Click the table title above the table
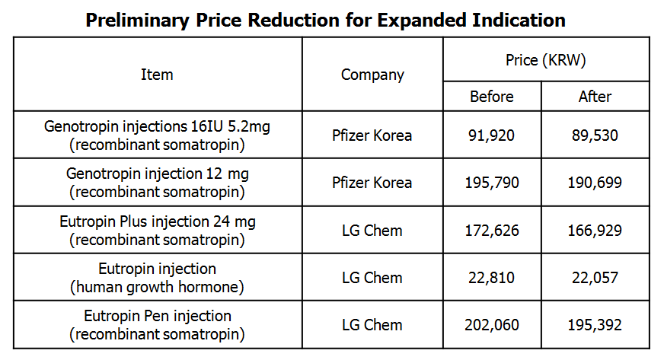tap(325, 20)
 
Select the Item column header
tap(157, 75)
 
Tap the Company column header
tap(372, 75)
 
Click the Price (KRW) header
tap(545, 59)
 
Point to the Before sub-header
tap(492, 97)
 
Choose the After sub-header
tap(595, 97)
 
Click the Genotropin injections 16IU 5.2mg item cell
tap(157, 135)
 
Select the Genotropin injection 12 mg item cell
tap(157, 182)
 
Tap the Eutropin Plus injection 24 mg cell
tap(157, 230)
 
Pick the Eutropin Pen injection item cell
tap(157, 325)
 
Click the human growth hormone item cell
tap(157, 278)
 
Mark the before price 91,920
tap(492, 135)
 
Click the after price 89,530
tap(595, 135)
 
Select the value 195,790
tap(492, 183)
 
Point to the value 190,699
tap(595, 183)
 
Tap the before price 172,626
tap(492, 231)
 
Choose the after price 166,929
tap(595, 231)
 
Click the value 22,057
tap(595, 278)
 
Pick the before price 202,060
tap(492, 325)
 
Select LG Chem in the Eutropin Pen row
tap(372, 325)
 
